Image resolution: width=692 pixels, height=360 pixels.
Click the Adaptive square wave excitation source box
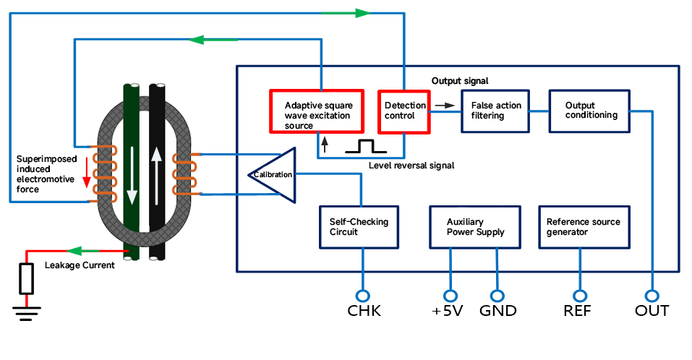tap(317, 111)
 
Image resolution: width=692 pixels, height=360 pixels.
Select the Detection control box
tap(403, 111)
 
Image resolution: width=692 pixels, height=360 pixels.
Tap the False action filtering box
tap(495, 111)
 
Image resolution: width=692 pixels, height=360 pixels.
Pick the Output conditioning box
tap(589, 111)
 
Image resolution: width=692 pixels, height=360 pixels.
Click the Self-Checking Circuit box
tap(359, 227)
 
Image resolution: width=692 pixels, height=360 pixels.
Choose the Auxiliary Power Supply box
tap(475, 227)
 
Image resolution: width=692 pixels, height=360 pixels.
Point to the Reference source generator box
tap(584, 227)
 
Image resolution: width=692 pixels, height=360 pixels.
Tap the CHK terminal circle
tap(363, 296)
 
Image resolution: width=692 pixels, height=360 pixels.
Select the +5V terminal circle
tap(450, 296)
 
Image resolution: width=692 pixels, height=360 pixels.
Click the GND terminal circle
tap(497, 296)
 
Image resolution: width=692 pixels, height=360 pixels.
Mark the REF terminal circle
tap(580, 296)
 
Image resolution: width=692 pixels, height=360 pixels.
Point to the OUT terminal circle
tap(652, 296)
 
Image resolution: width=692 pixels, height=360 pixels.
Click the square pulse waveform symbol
tap(366, 147)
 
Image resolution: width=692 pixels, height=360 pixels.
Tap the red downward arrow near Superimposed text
tap(87, 173)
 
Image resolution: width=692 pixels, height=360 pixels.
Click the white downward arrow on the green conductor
tap(132, 176)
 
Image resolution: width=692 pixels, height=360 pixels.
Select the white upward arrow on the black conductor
tap(156, 176)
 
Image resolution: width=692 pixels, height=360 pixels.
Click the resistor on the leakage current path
tap(27, 279)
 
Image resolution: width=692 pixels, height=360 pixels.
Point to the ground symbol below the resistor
tap(27, 313)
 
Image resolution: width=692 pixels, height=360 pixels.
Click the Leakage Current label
tap(80, 265)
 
